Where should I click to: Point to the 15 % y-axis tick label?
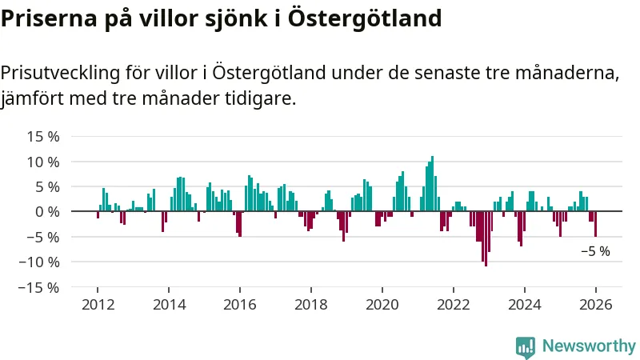click(43, 136)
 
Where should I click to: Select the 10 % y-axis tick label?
click(43, 162)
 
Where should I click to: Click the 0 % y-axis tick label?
click(47, 211)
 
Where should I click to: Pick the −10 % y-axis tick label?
click(40, 262)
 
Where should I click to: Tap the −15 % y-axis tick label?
click(40, 286)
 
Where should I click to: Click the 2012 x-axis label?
click(98, 305)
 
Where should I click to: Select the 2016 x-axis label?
click(240, 305)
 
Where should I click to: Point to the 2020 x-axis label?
click(382, 305)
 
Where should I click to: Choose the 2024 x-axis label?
click(525, 305)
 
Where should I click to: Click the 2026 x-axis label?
click(596, 305)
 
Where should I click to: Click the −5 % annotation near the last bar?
click(595, 251)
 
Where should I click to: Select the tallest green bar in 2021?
click(432, 184)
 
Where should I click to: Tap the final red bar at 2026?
click(595, 224)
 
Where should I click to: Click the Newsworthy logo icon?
click(526, 346)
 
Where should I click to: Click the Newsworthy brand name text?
click(589, 346)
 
